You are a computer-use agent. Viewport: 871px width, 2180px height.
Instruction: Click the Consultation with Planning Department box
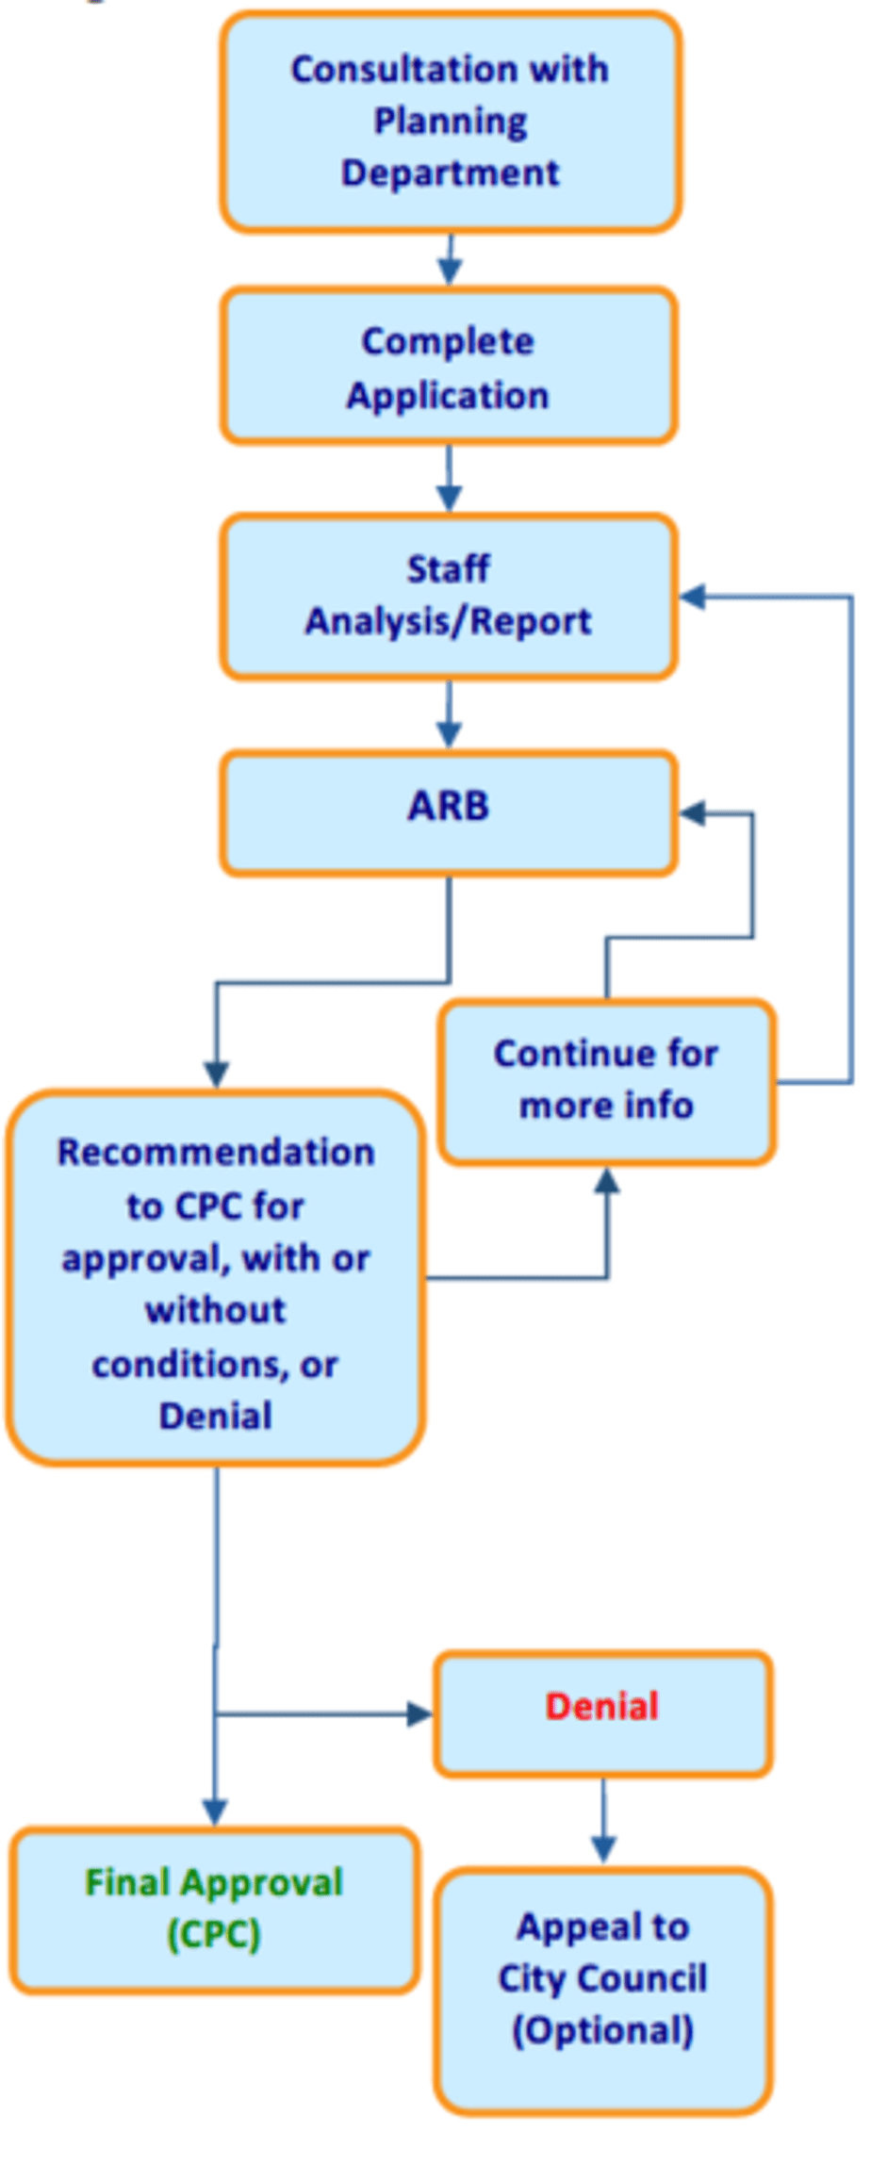pyautogui.click(x=451, y=122)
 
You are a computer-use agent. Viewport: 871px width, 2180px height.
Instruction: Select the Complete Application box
pyautogui.click(x=449, y=366)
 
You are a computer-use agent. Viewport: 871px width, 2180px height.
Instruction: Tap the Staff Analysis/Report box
pyautogui.click(x=449, y=596)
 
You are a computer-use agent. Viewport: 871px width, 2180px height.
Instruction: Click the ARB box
pyautogui.click(x=449, y=812)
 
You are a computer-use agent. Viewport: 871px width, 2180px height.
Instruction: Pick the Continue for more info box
pyautogui.click(x=607, y=1082)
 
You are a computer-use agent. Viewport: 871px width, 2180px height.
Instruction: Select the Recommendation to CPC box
pyautogui.click(x=216, y=1278)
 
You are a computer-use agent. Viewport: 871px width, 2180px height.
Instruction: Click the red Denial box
pyautogui.click(x=602, y=1714)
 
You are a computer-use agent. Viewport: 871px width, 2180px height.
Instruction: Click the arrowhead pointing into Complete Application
pyautogui.click(x=450, y=272)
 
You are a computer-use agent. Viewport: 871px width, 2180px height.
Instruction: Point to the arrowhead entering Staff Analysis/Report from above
pyautogui.click(x=449, y=500)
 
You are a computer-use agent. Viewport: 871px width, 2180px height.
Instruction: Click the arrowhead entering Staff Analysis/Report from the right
pyautogui.click(x=693, y=596)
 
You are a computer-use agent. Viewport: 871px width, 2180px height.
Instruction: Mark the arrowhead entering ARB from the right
pyautogui.click(x=693, y=812)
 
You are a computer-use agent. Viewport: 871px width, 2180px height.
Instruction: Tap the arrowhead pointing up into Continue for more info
pyautogui.click(x=608, y=1180)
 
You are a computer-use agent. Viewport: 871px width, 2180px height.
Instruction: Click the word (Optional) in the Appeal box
pyautogui.click(x=603, y=2030)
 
